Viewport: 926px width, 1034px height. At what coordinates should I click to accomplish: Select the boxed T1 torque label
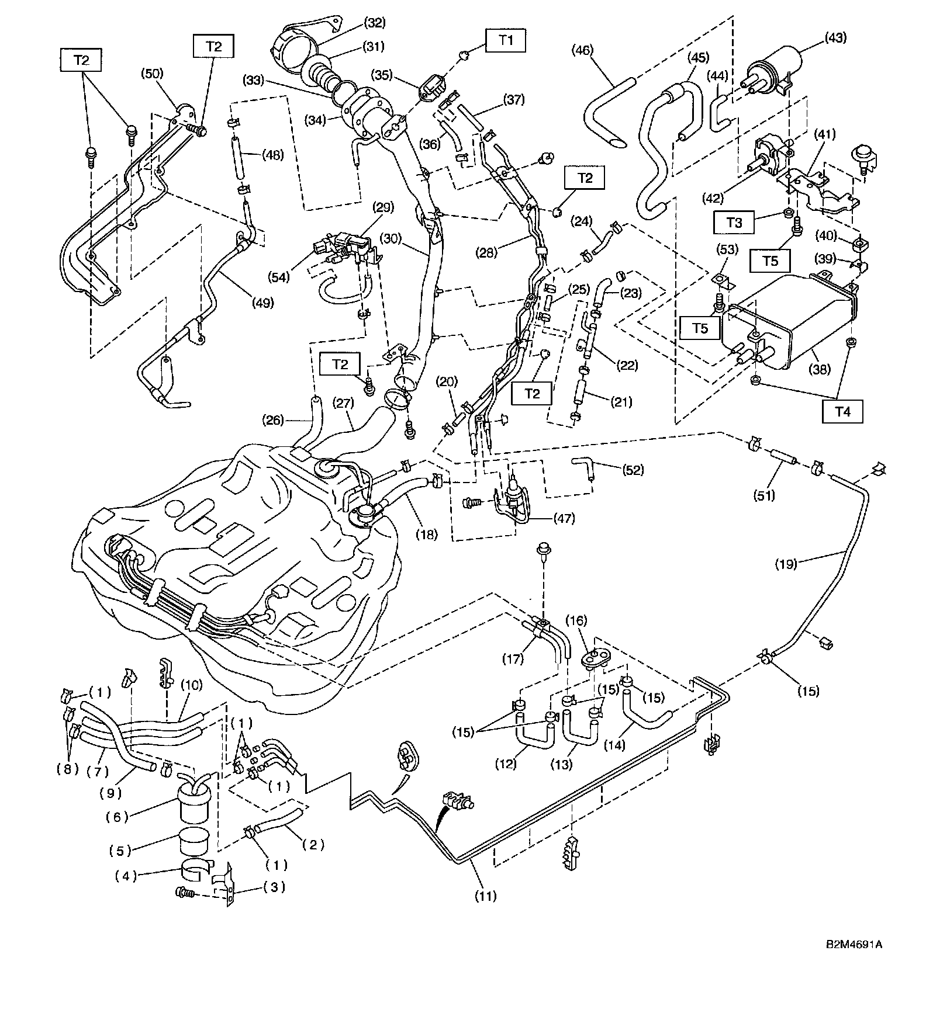coord(506,40)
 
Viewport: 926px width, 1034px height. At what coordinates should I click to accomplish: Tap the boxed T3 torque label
coord(734,223)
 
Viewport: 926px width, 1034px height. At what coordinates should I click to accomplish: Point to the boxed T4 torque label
coord(842,411)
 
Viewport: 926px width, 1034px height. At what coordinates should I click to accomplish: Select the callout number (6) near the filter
coord(118,817)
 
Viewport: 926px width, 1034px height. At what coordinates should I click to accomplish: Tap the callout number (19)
coord(786,564)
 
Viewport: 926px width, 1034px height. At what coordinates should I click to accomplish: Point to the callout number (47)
coord(564,518)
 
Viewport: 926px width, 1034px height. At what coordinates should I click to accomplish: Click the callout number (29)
coord(383,207)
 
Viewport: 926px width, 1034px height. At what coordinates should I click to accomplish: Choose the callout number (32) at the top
coord(374,23)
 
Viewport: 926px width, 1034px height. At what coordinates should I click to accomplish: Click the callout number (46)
coord(582,50)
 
